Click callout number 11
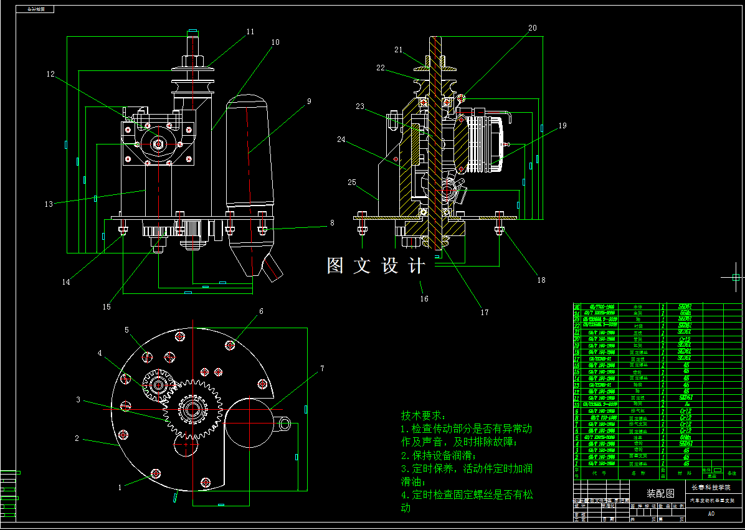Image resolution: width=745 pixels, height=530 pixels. (250, 31)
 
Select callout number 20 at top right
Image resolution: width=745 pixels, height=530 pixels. (532, 28)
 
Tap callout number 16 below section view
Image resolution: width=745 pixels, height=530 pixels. (424, 299)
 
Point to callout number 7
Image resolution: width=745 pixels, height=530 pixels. (322, 369)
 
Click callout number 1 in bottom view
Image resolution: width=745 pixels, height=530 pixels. (120, 488)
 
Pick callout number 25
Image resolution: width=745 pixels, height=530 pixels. (352, 182)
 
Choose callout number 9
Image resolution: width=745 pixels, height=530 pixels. (309, 100)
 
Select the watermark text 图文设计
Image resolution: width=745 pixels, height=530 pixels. (376, 266)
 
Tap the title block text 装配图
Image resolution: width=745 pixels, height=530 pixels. (660, 494)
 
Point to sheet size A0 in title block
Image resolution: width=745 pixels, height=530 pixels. (711, 514)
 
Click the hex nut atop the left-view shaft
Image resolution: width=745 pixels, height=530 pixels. (192, 60)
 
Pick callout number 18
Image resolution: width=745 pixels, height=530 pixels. (541, 280)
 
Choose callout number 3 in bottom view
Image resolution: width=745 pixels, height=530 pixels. (78, 399)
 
